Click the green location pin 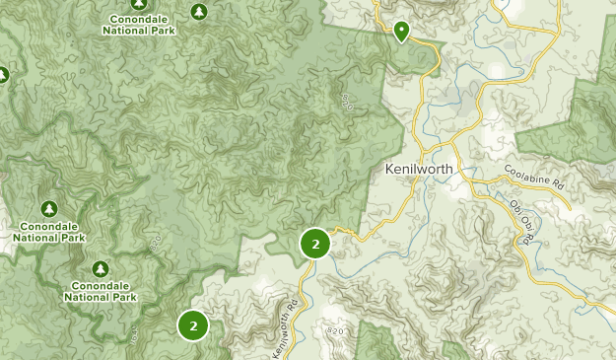pos(402,32)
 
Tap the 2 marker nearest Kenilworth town pos(315,244)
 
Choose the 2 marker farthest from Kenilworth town pos(193,324)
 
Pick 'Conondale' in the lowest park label pos(101,286)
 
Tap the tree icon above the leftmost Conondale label pos(49,209)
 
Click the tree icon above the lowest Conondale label pos(100,269)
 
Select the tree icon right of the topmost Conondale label pos(200,12)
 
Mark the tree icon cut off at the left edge pos(3,75)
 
